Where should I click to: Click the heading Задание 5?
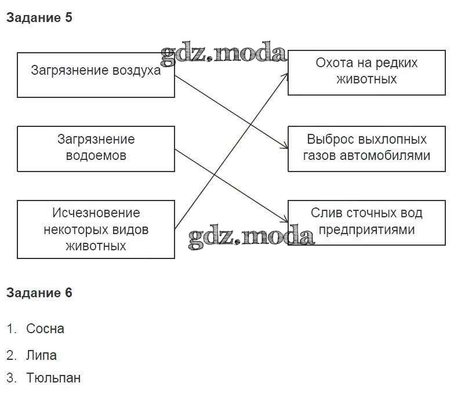[39, 18]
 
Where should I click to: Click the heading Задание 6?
[39, 293]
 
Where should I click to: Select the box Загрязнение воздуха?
[96, 75]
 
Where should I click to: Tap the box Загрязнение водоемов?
[96, 148]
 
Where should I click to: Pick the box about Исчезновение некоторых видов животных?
[96, 229]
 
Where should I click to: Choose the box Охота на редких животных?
[366, 72]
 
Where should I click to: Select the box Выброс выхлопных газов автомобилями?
[366, 148]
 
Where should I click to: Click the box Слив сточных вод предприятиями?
[366, 223]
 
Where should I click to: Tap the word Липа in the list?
[41, 355]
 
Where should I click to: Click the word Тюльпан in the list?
[53, 378]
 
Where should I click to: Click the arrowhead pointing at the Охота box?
[286, 75]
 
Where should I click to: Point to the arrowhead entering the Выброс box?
[285, 148]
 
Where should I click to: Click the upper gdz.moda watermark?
[224, 54]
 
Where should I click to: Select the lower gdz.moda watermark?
[251, 236]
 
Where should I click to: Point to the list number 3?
[10, 378]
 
